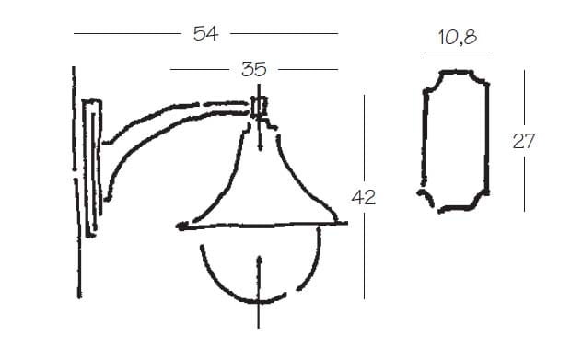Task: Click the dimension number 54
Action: pyautogui.click(x=205, y=33)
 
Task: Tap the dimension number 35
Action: pyautogui.click(x=254, y=69)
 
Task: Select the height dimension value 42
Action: pyautogui.click(x=364, y=197)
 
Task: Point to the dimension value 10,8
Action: pyautogui.click(x=458, y=37)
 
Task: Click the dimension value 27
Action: pyautogui.click(x=524, y=141)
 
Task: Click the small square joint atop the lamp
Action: pyautogui.click(x=259, y=107)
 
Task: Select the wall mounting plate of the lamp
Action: pyautogui.click(x=92, y=167)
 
